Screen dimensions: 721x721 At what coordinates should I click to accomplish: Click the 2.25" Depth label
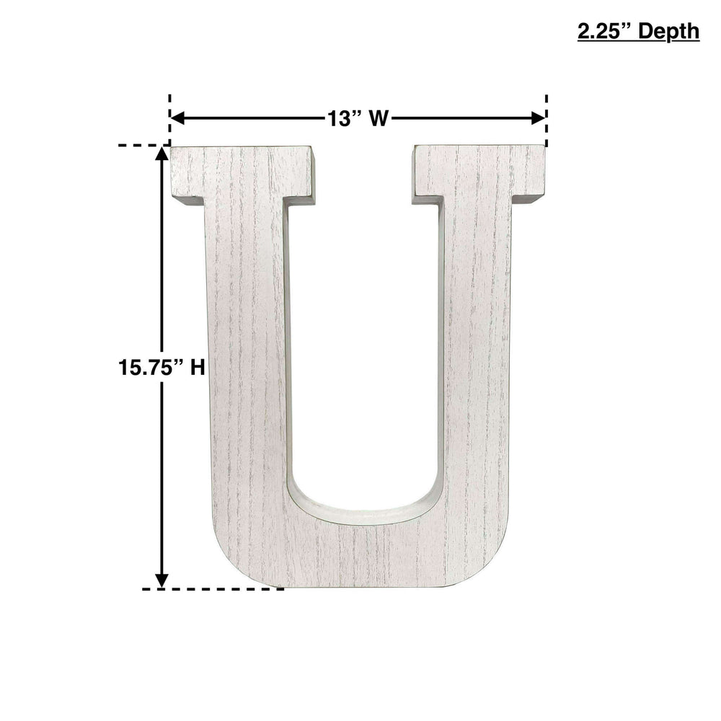point(638,32)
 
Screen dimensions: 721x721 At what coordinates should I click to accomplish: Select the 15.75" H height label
point(162,368)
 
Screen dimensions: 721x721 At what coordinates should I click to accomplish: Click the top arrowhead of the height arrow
point(162,154)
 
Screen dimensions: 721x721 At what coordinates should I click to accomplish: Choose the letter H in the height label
point(198,368)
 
